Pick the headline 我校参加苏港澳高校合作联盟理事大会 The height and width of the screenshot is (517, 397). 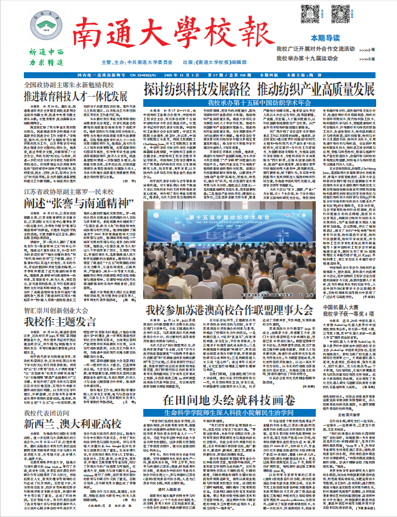point(229,310)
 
